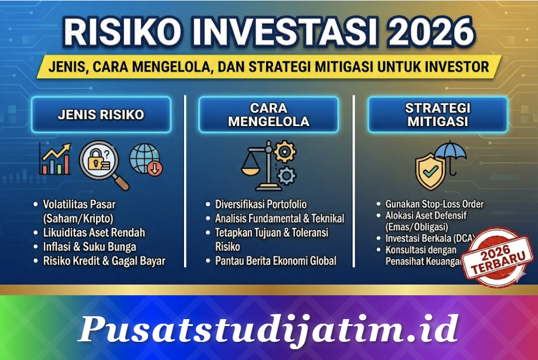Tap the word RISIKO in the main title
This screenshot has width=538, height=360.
click(x=120, y=32)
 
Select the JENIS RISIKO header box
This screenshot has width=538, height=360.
click(x=101, y=115)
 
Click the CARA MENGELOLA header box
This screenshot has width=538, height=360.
click(x=268, y=115)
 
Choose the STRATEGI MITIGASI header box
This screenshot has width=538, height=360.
click(x=437, y=115)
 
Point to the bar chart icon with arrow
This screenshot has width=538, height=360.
click(x=54, y=159)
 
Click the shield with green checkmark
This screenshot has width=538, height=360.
click(x=431, y=171)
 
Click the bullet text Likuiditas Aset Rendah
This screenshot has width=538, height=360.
click(x=94, y=233)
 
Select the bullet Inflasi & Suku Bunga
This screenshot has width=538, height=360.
click(x=90, y=247)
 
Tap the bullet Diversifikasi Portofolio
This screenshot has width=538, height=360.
click(x=260, y=204)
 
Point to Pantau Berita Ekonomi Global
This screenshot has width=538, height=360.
click(x=276, y=261)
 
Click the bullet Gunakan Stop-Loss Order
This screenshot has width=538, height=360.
click(x=435, y=204)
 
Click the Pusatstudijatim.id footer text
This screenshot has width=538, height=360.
click(x=268, y=329)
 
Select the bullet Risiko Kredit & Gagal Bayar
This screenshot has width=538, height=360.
click(x=104, y=261)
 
